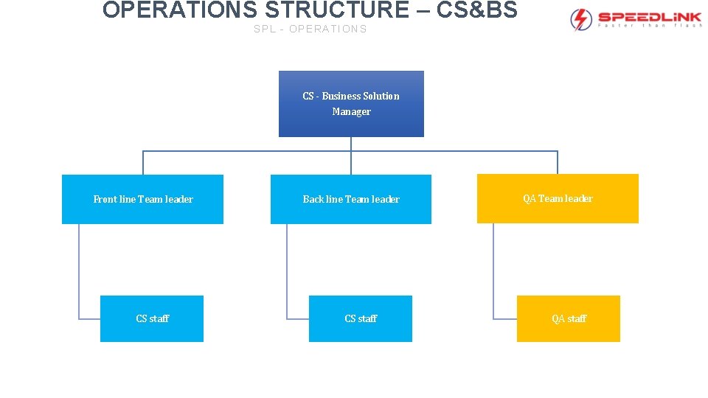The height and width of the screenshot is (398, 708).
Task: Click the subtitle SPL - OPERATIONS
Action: coord(310,29)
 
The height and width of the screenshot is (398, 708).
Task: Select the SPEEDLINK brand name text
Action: coord(649,16)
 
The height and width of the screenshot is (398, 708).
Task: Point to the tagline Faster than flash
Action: coord(649,26)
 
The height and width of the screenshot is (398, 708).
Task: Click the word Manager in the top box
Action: coord(351,112)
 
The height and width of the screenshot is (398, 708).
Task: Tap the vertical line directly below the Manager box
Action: coord(351,144)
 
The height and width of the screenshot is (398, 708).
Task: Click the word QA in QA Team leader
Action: coord(530,199)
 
